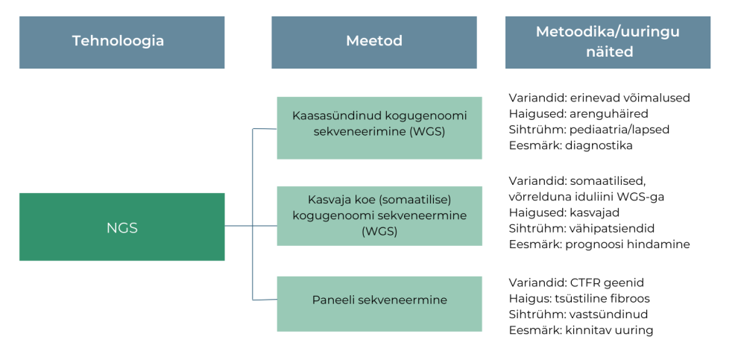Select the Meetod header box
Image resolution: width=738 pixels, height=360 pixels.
373,42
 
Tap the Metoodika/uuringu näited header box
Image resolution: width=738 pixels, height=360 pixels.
608,42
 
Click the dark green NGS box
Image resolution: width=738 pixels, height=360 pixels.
122,227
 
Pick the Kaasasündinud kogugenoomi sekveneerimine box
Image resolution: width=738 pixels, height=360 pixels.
379,127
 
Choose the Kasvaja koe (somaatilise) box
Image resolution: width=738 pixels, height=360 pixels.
379,215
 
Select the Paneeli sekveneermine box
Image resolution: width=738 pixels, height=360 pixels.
379,300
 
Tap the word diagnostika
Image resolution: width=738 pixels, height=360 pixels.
599,146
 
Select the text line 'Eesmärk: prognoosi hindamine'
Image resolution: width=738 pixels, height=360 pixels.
599,244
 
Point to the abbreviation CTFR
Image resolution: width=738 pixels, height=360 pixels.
583,282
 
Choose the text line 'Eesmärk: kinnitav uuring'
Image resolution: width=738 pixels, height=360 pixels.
581,330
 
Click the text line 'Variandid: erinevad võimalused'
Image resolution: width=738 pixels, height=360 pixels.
599,98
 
